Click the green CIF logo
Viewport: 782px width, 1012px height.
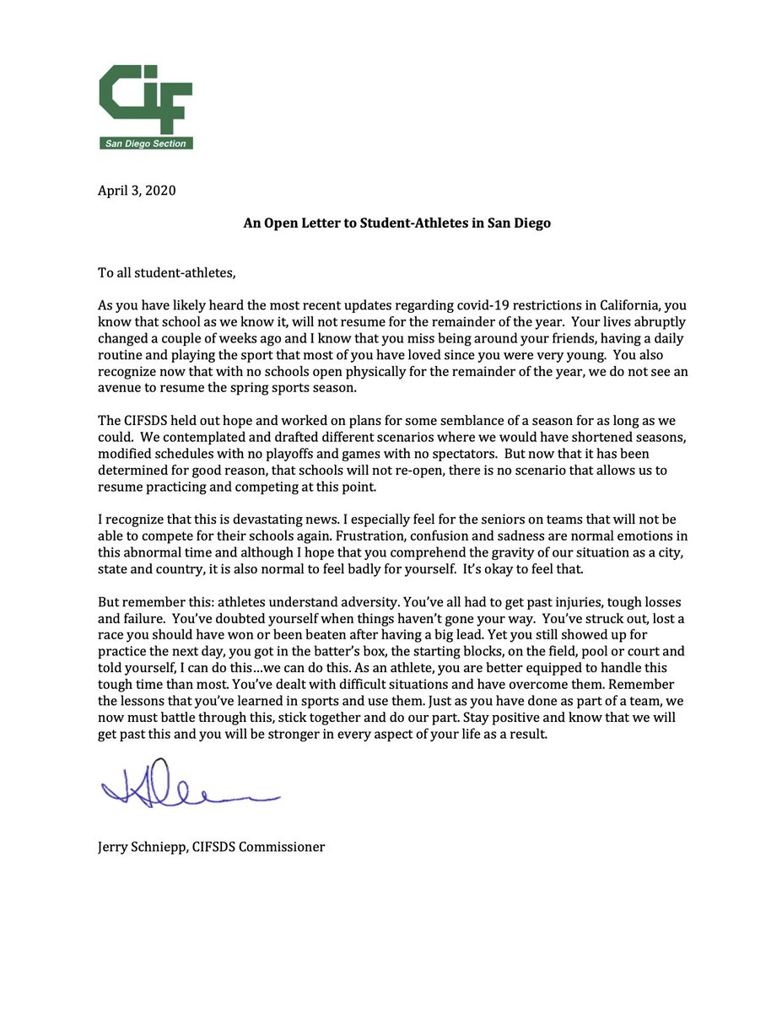tap(145, 97)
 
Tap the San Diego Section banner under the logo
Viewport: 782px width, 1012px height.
tap(145, 143)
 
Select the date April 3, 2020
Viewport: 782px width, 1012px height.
tap(137, 191)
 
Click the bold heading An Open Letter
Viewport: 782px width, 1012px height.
tap(398, 223)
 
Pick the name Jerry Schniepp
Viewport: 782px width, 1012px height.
tap(145, 847)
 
